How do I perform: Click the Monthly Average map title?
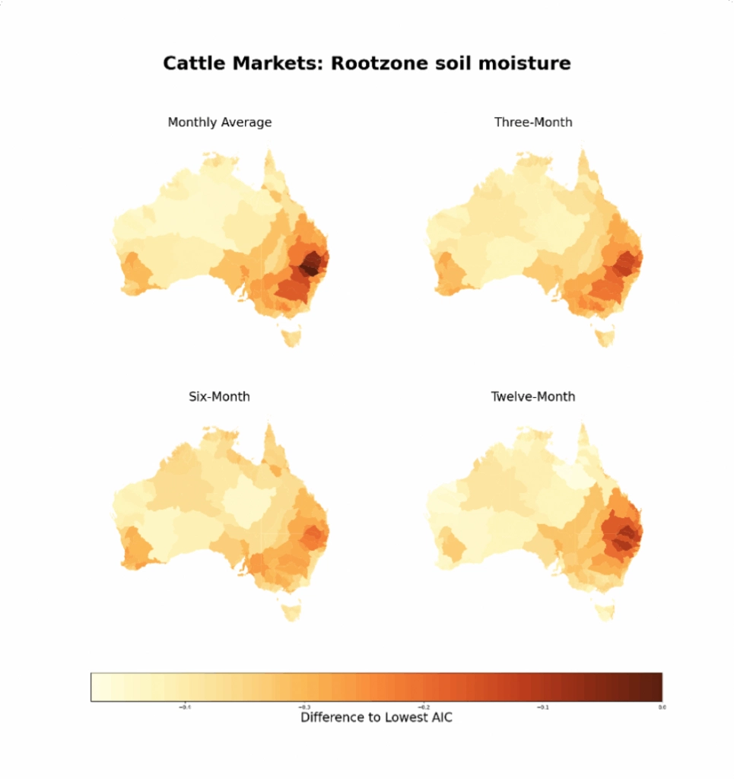tap(219, 122)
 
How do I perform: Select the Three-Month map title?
tap(533, 122)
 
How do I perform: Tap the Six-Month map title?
tap(219, 397)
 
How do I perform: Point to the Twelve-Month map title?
tap(533, 397)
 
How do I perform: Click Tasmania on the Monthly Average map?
tap(291, 335)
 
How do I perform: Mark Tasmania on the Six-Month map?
tap(291, 609)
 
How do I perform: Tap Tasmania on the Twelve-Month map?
tap(605, 609)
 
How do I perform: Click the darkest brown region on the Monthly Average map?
tap(310, 266)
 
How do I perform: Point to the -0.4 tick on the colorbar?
tap(185, 707)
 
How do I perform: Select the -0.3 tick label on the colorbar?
tap(304, 707)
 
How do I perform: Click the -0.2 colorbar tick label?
tap(424, 707)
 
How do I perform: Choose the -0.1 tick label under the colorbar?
tap(543, 707)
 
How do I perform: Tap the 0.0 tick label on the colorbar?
tap(662, 707)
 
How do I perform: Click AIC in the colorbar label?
tap(439, 717)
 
